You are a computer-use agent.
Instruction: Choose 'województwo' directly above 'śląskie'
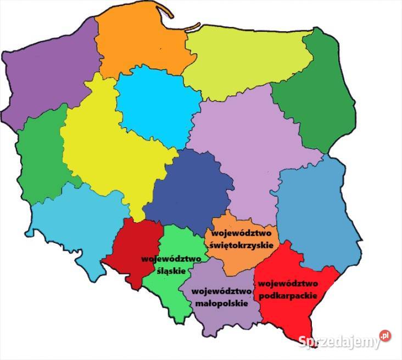click(171, 258)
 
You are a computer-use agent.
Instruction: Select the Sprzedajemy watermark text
click(340, 341)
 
